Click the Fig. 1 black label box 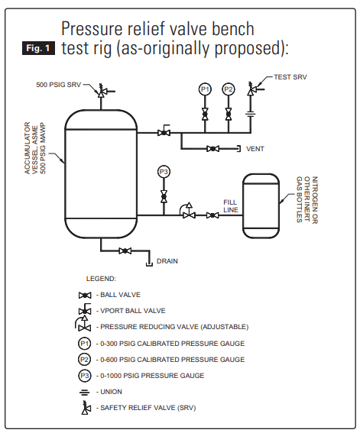coord(38,48)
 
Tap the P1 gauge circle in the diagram coord(205,90)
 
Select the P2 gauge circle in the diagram coord(229,90)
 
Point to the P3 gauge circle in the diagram coord(164,172)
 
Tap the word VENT coord(255,149)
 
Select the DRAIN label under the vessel coord(167,261)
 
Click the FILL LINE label coord(231,205)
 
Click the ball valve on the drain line coord(128,251)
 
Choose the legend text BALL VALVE coord(120,295)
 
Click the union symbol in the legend coord(84,392)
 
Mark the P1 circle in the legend coord(84,343)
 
